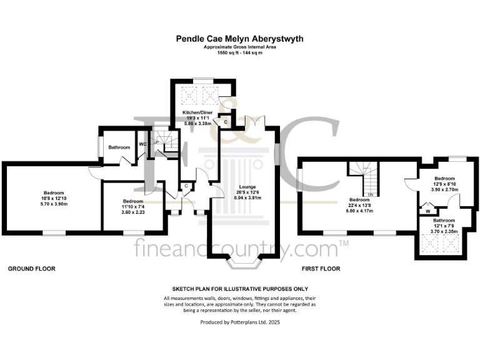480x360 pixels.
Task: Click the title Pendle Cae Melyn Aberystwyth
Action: tap(239, 39)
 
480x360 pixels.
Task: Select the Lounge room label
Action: tap(244, 186)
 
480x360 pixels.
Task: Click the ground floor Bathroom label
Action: tap(119, 147)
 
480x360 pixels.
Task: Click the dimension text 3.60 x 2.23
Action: tap(132, 212)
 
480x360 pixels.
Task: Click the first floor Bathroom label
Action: tap(444, 221)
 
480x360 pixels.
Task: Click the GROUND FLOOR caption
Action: tap(31, 269)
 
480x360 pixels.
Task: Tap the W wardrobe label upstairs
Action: tap(427, 211)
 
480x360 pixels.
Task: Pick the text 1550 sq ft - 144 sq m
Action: tap(240, 52)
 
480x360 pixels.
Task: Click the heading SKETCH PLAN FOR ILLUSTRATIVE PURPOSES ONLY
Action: tap(240, 289)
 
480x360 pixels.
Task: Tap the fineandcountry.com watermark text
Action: tap(239, 249)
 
